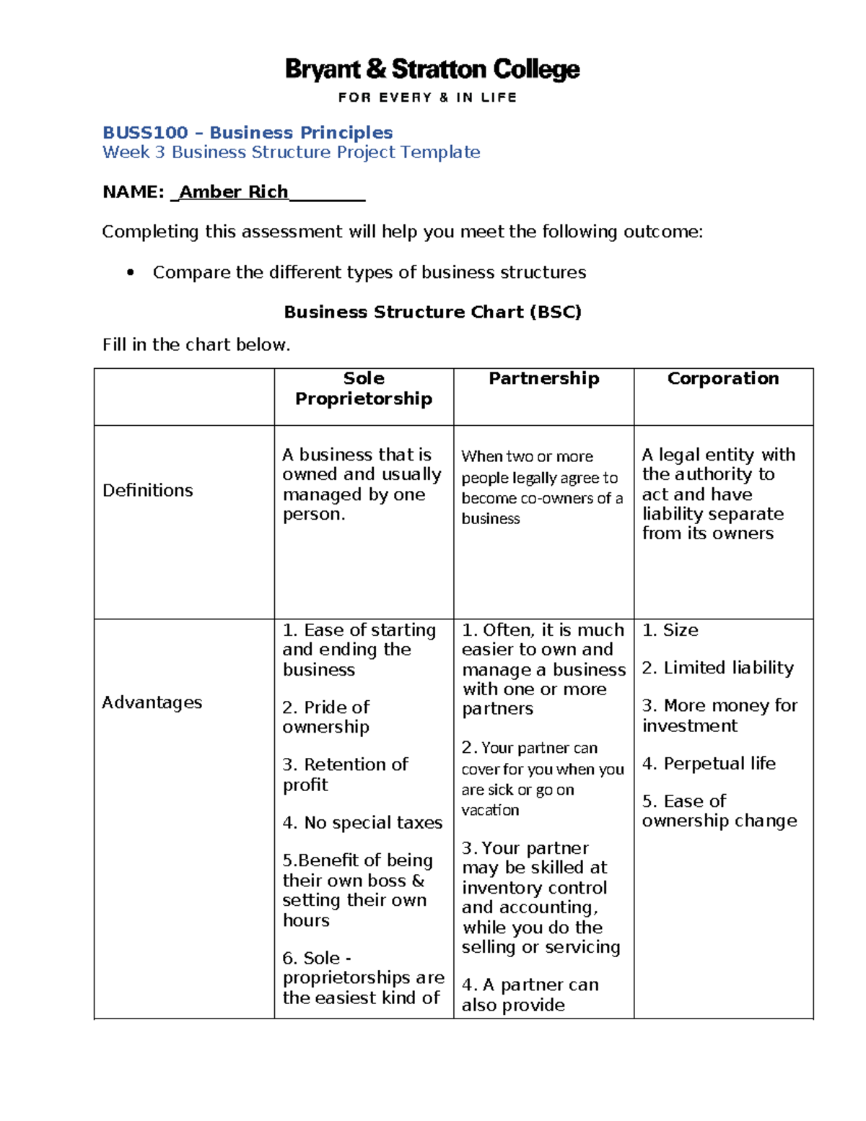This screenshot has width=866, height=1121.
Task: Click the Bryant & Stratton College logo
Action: [432, 70]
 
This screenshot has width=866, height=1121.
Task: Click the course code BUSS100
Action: [145, 133]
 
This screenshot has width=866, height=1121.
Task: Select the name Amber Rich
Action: [233, 192]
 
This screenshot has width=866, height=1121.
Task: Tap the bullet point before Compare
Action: [131, 273]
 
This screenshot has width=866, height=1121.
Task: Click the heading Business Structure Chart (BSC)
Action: [432, 312]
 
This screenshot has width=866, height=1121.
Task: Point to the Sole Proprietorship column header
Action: [364, 388]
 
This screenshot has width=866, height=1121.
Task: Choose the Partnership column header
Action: [543, 379]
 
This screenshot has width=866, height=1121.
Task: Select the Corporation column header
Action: [722, 379]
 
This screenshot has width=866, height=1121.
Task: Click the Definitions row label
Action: [148, 491]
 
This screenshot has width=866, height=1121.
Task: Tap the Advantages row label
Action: [152, 702]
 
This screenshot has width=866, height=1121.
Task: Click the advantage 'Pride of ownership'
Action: [326, 717]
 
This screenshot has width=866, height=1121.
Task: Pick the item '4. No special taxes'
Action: [362, 823]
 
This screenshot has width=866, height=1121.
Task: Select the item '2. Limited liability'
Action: [718, 668]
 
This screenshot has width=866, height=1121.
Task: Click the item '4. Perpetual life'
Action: [709, 764]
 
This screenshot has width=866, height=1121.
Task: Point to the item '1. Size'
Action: [670, 630]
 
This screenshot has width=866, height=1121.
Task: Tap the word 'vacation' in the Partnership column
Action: [490, 811]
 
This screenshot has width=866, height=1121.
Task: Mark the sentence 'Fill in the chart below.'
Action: [196, 345]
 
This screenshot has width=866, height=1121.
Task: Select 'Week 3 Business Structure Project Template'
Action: [291, 152]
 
